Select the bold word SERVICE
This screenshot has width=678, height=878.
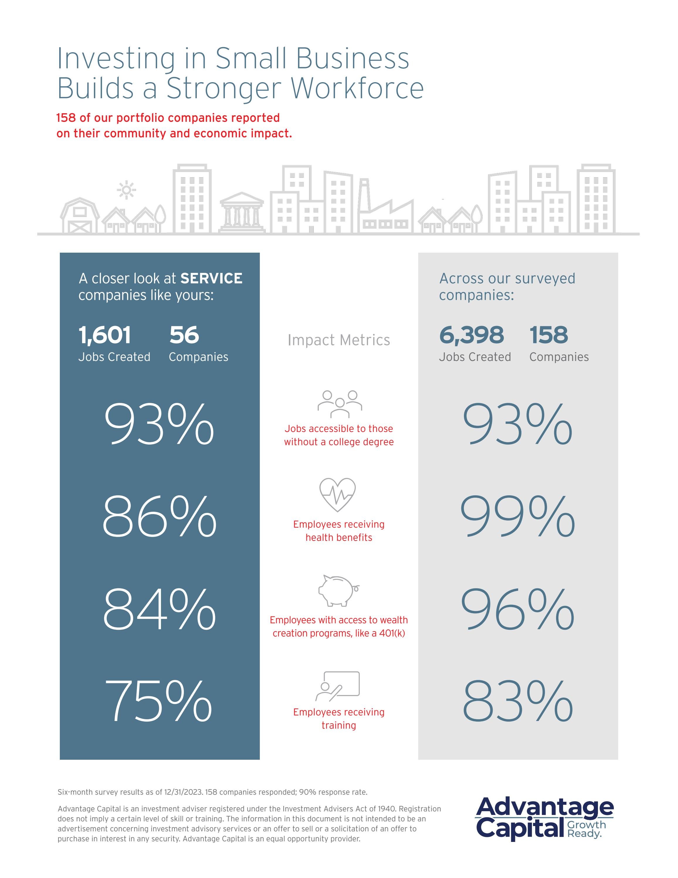211,278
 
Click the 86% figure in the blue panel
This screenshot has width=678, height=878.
160,517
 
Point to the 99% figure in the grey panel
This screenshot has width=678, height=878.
517,517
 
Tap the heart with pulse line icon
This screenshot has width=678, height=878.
338,494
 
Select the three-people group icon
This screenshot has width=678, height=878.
339,403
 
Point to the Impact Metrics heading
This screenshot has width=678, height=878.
339,340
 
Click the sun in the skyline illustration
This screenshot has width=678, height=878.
126,190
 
